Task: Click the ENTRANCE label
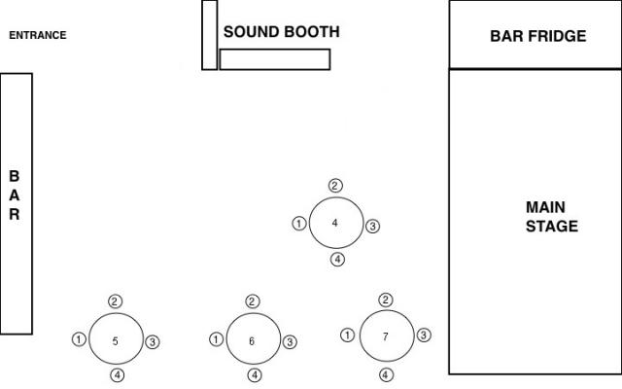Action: click(37, 36)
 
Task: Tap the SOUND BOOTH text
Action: click(281, 32)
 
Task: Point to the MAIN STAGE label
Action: click(551, 217)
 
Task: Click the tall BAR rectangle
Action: click(16, 203)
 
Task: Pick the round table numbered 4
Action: click(335, 223)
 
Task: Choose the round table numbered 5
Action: click(116, 340)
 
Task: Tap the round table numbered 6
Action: click(253, 340)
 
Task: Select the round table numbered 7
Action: click(386, 336)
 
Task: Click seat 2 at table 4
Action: click(335, 186)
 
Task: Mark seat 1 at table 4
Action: click(298, 224)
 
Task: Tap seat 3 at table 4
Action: click(372, 227)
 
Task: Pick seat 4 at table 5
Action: click(117, 376)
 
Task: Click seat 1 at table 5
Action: click(79, 339)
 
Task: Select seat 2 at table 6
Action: click(253, 301)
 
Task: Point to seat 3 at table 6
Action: click(290, 342)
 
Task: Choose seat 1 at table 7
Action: click(347, 336)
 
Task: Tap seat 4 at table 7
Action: click(387, 375)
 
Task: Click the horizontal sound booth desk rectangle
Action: click(275, 59)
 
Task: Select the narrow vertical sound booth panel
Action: click(209, 35)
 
